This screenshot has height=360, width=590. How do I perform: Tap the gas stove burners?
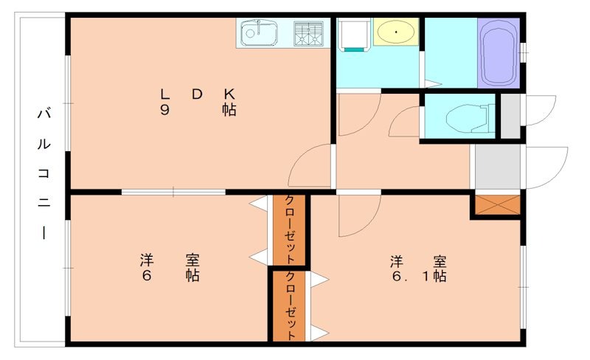310,32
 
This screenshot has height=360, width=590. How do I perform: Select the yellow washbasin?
396,32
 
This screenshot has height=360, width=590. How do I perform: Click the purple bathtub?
499,52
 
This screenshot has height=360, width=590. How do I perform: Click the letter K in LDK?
229,94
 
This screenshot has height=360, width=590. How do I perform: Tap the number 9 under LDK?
164,111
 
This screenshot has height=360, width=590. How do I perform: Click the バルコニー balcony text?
44,174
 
